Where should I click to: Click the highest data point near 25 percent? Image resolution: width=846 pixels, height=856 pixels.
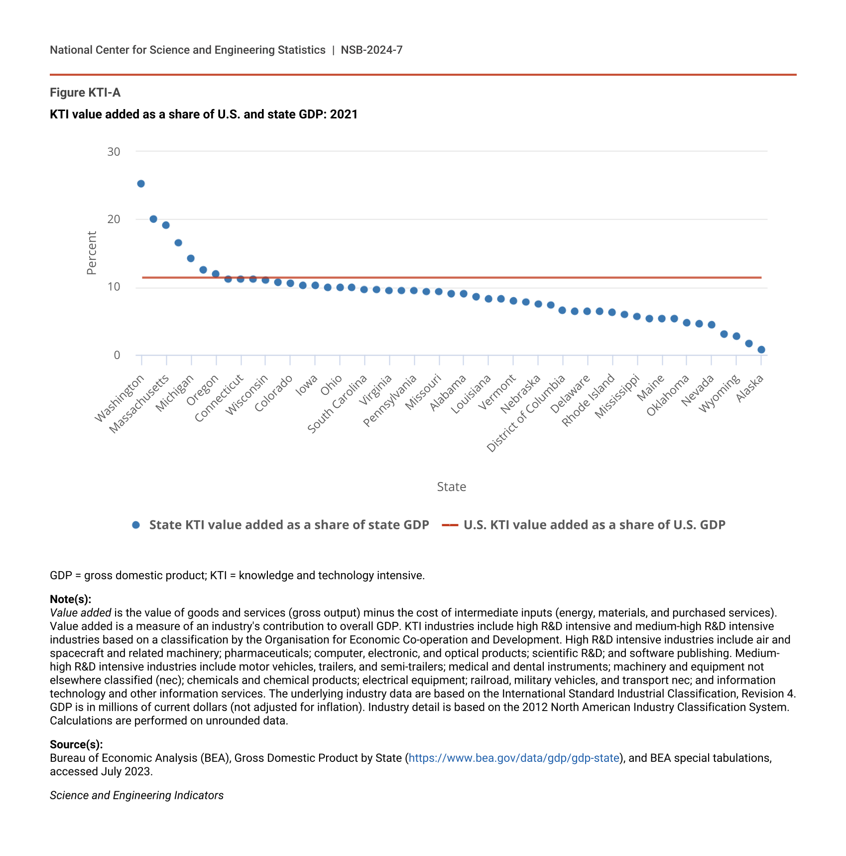(x=141, y=184)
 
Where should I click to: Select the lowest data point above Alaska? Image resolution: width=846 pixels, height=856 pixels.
(x=761, y=350)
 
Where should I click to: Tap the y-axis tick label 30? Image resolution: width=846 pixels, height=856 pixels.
(x=114, y=152)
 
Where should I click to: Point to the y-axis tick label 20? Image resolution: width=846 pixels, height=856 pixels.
(x=114, y=219)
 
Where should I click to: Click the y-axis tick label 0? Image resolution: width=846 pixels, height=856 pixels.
(x=117, y=355)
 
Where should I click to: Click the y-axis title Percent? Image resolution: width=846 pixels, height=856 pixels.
(x=91, y=253)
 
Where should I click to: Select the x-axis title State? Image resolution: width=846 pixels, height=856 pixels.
(x=451, y=487)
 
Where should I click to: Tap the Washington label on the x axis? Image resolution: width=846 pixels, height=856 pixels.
(x=120, y=398)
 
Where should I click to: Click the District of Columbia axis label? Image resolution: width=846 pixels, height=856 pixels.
(x=526, y=413)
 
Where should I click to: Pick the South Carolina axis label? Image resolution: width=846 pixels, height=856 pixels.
(x=338, y=404)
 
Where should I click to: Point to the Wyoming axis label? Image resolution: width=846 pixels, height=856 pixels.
(x=720, y=394)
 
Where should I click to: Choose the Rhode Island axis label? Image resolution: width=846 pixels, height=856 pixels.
(x=589, y=400)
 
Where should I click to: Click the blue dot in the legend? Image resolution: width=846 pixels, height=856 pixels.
(x=136, y=525)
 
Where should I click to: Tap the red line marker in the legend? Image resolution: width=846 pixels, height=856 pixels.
(x=450, y=525)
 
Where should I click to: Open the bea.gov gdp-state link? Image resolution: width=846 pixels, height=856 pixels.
(x=514, y=758)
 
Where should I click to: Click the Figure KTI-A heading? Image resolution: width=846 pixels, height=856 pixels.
(x=85, y=93)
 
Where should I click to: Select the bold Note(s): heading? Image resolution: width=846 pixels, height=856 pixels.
(x=70, y=599)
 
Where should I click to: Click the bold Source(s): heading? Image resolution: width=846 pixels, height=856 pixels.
(x=76, y=744)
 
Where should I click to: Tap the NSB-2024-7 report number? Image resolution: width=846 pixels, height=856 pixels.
(x=371, y=50)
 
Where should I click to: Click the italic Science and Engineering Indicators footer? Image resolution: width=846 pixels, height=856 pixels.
(x=136, y=795)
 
